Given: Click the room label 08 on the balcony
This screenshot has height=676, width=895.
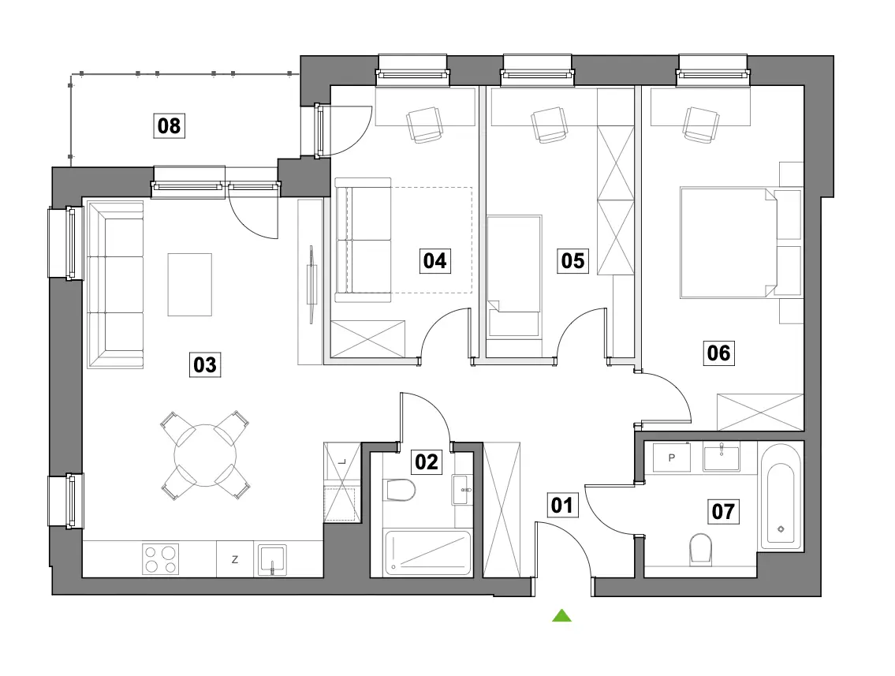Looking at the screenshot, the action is pyautogui.click(x=169, y=125).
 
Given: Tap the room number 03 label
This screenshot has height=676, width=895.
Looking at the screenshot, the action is pyautogui.click(x=205, y=364).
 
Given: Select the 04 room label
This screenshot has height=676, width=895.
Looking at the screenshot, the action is pyautogui.click(x=435, y=261).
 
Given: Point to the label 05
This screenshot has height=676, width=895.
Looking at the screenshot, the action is pyautogui.click(x=572, y=261).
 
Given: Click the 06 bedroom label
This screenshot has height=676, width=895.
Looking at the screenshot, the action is pyautogui.click(x=718, y=353).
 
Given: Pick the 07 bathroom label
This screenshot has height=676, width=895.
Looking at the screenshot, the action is pyautogui.click(x=723, y=511).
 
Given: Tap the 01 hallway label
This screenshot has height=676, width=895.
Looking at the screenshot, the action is pyautogui.click(x=562, y=505).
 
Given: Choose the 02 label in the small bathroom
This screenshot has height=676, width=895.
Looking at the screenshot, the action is pyautogui.click(x=427, y=461).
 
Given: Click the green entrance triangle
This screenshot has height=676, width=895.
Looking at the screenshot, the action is pyautogui.click(x=561, y=615).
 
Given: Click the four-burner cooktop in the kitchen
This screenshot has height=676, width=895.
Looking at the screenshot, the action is pyautogui.click(x=160, y=559).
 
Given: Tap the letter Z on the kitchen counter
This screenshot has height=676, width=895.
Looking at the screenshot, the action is pyautogui.click(x=235, y=559).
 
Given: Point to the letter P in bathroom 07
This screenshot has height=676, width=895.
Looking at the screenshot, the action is pyautogui.click(x=672, y=458).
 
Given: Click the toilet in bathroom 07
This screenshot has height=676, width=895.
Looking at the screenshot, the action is pyautogui.click(x=700, y=548).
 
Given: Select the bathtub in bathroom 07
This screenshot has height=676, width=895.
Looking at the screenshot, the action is pyautogui.click(x=781, y=497).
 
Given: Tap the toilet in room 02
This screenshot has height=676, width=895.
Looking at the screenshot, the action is pyautogui.click(x=400, y=490).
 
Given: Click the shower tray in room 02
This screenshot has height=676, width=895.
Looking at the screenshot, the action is pyautogui.click(x=427, y=553).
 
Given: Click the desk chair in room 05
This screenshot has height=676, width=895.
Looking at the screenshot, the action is pyautogui.click(x=550, y=125).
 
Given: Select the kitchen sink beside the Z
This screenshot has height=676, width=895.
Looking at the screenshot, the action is pyautogui.click(x=272, y=559).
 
